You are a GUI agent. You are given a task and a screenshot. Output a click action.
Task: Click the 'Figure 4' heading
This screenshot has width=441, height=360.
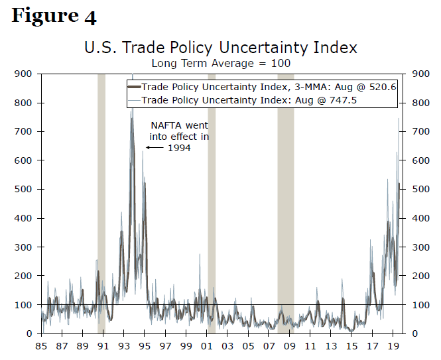(x=54, y=16)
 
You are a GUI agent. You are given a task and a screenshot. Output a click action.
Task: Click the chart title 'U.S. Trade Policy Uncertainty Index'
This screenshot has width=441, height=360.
(x=221, y=48)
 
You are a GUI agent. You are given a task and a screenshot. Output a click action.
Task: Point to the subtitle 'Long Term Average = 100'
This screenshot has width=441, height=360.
(x=221, y=64)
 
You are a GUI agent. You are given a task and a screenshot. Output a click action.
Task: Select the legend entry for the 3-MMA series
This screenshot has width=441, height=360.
(x=261, y=87)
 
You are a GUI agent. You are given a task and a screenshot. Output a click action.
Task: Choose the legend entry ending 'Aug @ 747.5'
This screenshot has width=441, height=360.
(x=261, y=99)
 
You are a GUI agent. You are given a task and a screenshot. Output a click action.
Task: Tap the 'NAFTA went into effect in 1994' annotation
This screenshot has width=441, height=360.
(x=179, y=136)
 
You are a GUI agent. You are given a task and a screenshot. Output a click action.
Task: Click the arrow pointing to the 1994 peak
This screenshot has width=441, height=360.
(x=155, y=148)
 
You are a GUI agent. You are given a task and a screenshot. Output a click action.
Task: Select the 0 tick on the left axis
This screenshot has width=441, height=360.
(x=29, y=333)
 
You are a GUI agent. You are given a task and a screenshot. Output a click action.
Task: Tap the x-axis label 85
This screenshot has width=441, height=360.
(x=40, y=346)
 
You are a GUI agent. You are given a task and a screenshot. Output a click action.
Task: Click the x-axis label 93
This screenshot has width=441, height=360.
(x=123, y=346)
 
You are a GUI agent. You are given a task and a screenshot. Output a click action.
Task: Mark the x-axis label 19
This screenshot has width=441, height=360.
(x=393, y=346)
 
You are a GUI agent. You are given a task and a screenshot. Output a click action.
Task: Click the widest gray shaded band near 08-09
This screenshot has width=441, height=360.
(x=286, y=199)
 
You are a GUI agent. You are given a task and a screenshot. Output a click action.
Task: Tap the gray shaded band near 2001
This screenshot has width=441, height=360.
(x=212, y=199)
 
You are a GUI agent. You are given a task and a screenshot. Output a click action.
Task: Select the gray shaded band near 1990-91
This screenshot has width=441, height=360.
(x=101, y=199)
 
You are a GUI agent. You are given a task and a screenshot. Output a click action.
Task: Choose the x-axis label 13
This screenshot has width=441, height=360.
(x=331, y=346)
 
